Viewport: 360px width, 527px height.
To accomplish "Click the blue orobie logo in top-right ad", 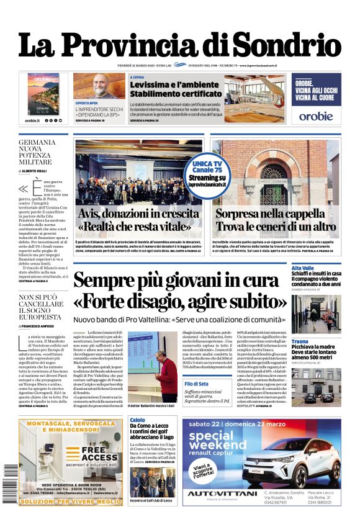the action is click(315, 115).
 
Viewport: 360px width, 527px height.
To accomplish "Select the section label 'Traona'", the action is click(300, 341).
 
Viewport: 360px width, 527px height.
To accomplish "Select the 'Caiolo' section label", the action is click(137, 420).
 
